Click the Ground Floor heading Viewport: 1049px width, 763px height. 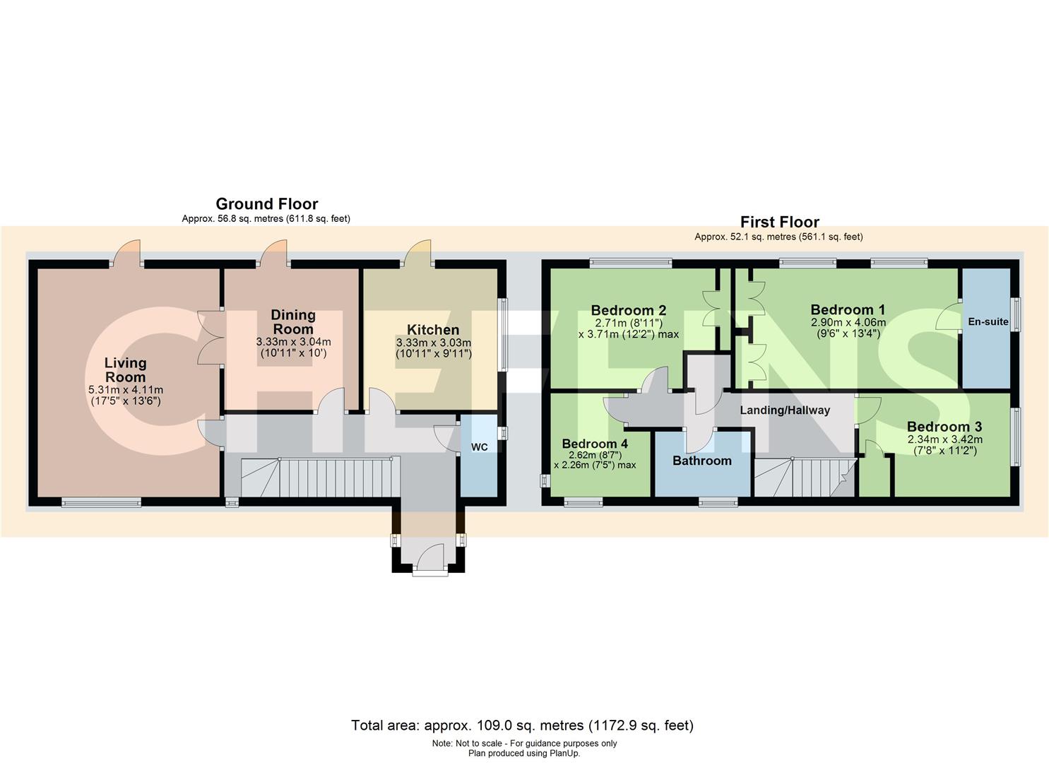pos(266,204)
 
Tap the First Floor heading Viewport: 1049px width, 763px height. pos(780,222)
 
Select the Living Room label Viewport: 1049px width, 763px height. pos(126,370)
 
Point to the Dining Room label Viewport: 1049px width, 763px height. pos(293,321)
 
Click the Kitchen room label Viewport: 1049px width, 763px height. pos(433,330)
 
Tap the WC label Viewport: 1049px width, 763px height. pos(480,447)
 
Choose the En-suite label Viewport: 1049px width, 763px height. pos(988,321)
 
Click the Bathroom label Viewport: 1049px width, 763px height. pos(702,461)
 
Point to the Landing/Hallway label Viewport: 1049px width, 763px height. pos(785,410)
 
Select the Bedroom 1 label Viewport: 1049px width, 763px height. pos(848,309)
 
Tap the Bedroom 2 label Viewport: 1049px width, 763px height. pos(629,310)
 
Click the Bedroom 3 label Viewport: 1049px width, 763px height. pos(944,427)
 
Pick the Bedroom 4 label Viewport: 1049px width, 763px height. pos(595,444)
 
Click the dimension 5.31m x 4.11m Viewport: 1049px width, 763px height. pos(126,390)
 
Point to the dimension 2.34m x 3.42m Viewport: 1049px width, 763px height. pos(945,439)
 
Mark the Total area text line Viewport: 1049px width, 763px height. pos(522,725)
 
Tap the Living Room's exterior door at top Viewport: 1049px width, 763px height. pos(127,254)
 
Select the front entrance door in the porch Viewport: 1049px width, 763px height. pos(431,557)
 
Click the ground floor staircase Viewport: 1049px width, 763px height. pos(316,477)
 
